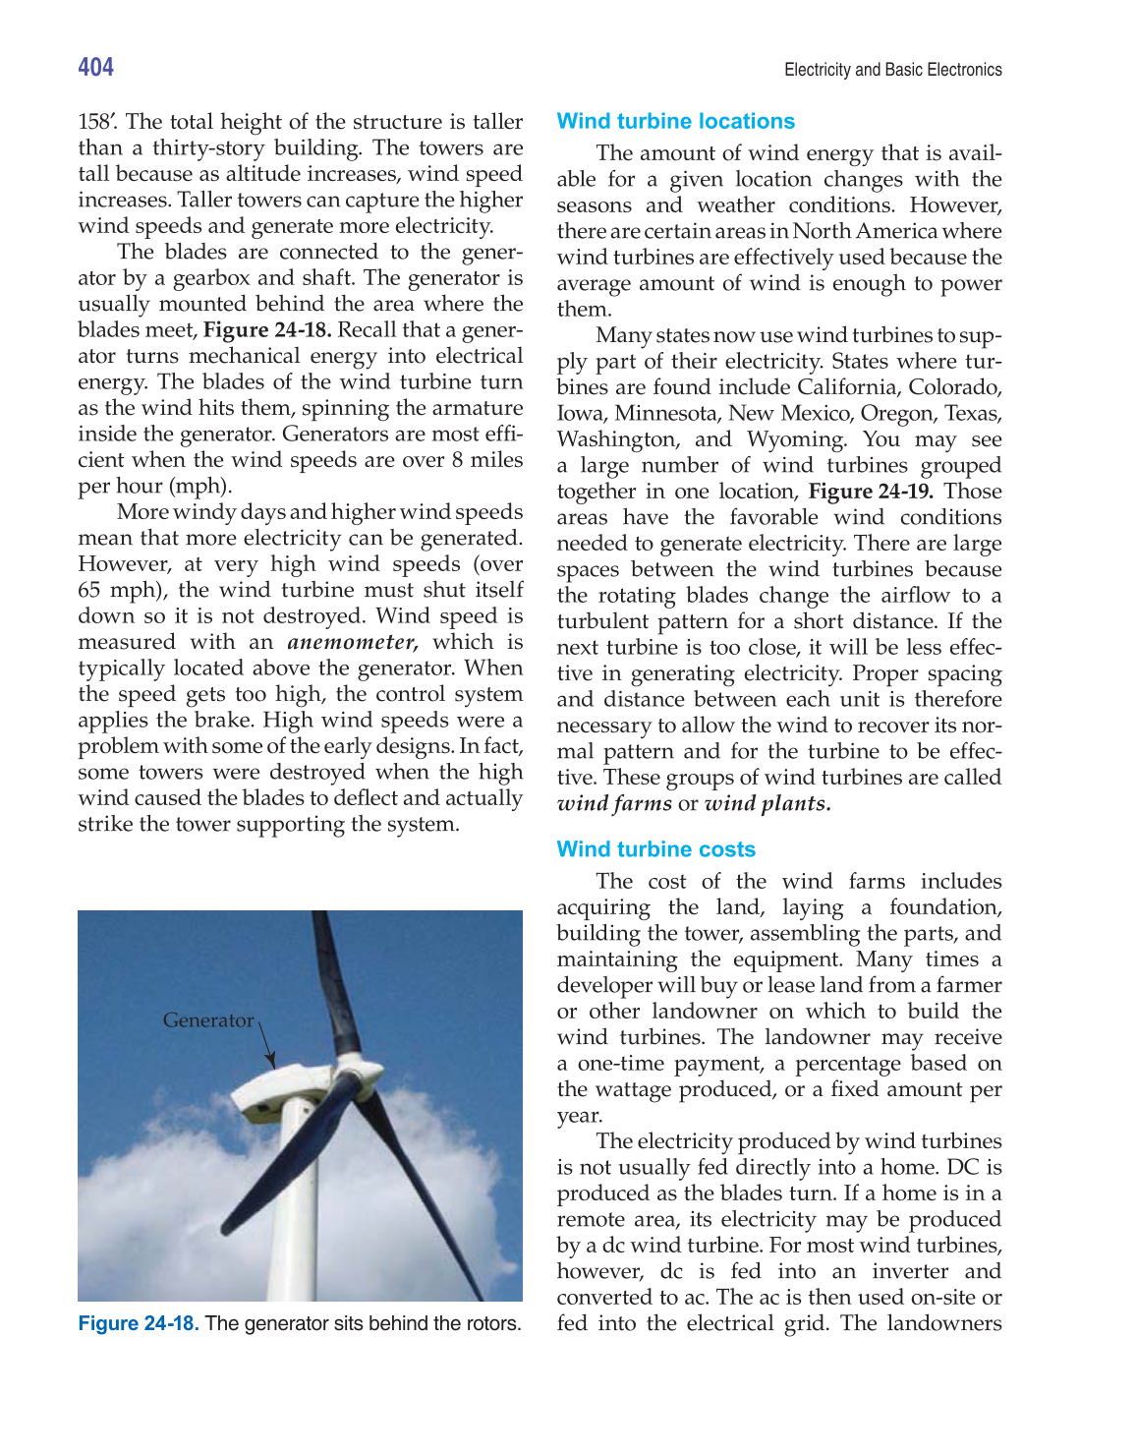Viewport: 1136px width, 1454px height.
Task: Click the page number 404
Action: [96, 67]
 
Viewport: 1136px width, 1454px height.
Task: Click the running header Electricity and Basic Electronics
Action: [892, 70]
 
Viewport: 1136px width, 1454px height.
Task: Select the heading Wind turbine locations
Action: [675, 121]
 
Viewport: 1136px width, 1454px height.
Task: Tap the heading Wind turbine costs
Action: [655, 849]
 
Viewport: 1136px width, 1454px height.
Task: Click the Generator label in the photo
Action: [207, 1020]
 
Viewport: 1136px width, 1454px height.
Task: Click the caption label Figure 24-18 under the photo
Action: [139, 1323]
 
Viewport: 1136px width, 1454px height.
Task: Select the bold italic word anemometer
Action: [352, 642]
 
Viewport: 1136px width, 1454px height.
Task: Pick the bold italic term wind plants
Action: [767, 803]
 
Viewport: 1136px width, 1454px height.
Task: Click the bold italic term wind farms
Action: [614, 803]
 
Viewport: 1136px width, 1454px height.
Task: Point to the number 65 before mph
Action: [89, 590]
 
